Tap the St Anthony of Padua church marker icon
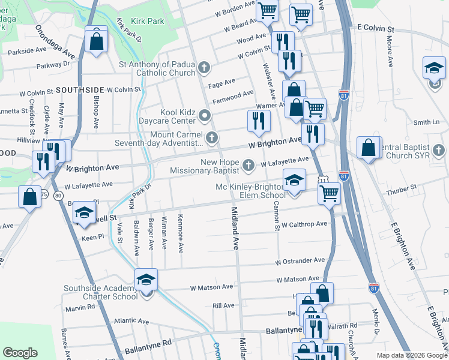pos(205,67)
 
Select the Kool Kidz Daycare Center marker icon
pos(205,115)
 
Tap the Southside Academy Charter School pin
pos(145,281)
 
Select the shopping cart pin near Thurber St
pos(328,194)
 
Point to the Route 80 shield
pos(58,196)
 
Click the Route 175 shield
pos(44,193)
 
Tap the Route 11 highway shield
pos(323,179)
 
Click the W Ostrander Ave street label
pos(300,262)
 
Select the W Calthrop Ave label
pos(302,224)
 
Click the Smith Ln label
pos(426,122)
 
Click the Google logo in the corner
pos(20,353)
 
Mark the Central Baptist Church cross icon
pos(438,148)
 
